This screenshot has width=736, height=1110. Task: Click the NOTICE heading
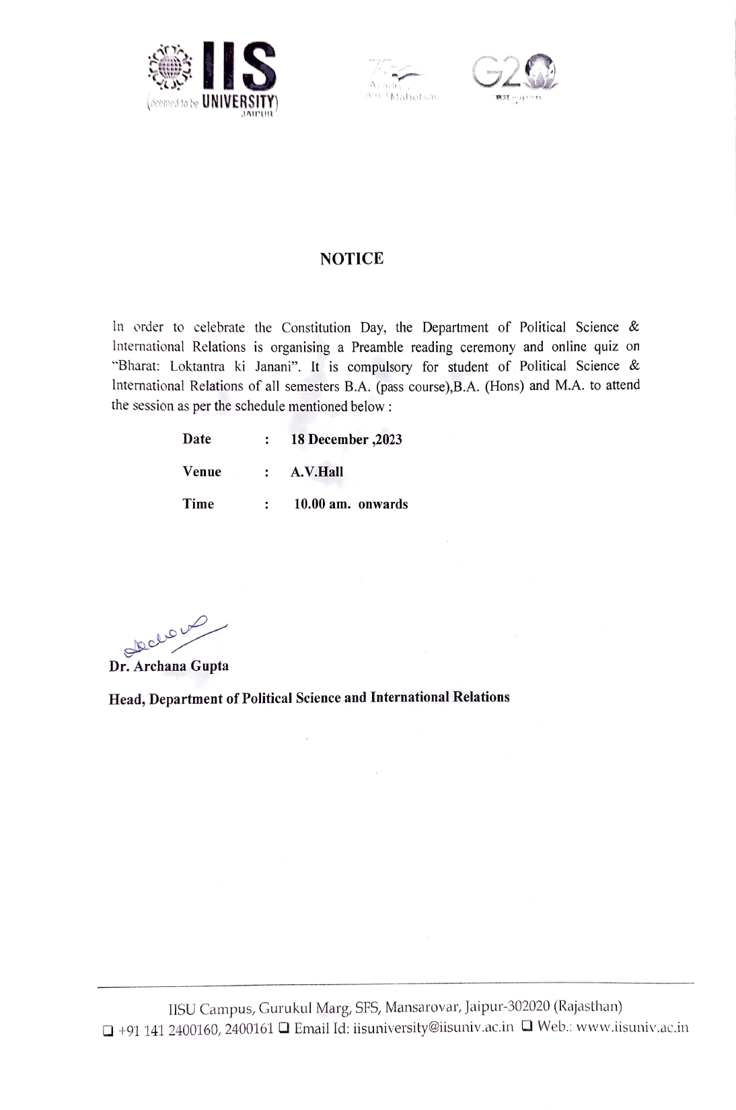click(x=352, y=259)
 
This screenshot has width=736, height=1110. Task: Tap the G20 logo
click(x=515, y=75)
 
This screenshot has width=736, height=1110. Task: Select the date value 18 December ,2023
click(x=346, y=440)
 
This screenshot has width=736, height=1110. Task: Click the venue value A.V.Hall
click(x=316, y=472)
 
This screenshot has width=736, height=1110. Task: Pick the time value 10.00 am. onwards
click(x=351, y=505)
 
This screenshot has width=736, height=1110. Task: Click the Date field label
click(x=196, y=439)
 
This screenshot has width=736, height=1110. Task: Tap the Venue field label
click(x=201, y=472)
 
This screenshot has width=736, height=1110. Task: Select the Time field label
click(x=198, y=504)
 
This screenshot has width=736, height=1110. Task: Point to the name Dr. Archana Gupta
click(x=169, y=666)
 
